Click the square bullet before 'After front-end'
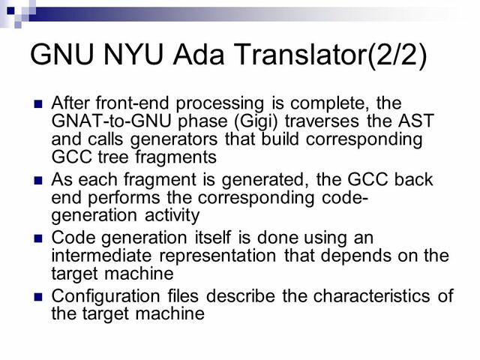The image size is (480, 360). (x=38, y=103)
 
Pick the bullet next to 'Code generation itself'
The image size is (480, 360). (x=38, y=238)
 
